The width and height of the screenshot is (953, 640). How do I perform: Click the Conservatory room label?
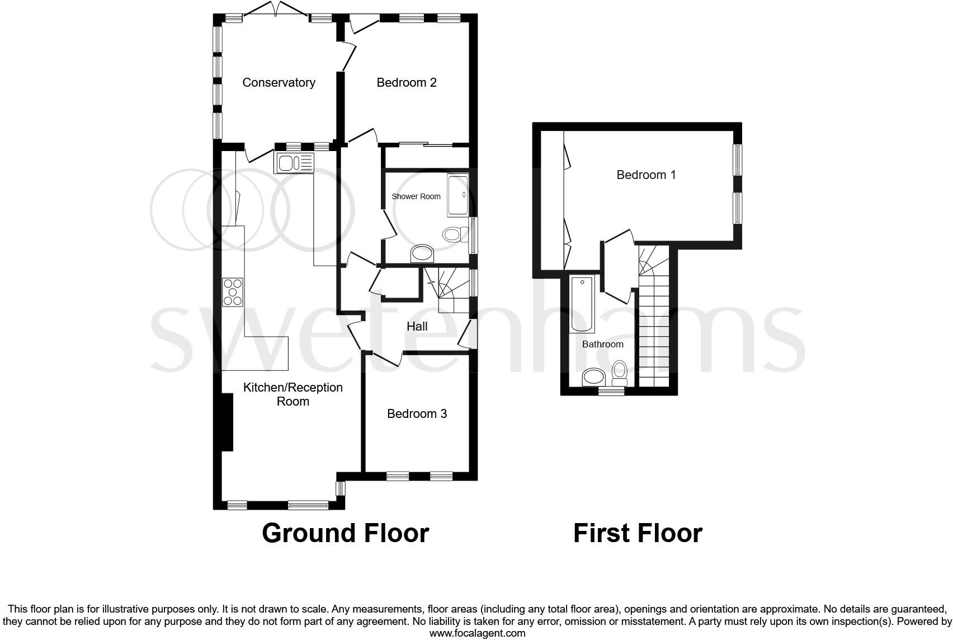coord(279,83)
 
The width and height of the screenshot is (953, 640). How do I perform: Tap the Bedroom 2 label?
coord(406,83)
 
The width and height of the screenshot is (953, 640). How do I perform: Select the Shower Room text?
coord(416,196)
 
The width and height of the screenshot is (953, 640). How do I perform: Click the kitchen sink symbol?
coord(294,162)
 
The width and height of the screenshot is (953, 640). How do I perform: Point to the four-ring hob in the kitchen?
coord(233,292)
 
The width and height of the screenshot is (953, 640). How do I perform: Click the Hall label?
coord(417,327)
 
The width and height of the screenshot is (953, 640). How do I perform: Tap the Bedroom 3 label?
coord(417,414)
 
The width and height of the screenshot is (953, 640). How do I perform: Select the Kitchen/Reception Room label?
coord(292,394)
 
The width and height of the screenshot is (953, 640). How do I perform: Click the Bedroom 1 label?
coord(646,175)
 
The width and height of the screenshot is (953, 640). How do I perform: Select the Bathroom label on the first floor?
coord(602,345)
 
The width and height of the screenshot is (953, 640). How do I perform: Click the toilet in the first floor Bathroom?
coord(619,373)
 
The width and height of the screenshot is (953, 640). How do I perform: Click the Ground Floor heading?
coord(345,533)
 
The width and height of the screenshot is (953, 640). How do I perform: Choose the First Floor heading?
coord(638,533)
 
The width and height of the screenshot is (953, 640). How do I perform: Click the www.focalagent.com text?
coord(477,633)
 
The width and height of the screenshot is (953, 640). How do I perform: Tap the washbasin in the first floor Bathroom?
coord(592,377)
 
